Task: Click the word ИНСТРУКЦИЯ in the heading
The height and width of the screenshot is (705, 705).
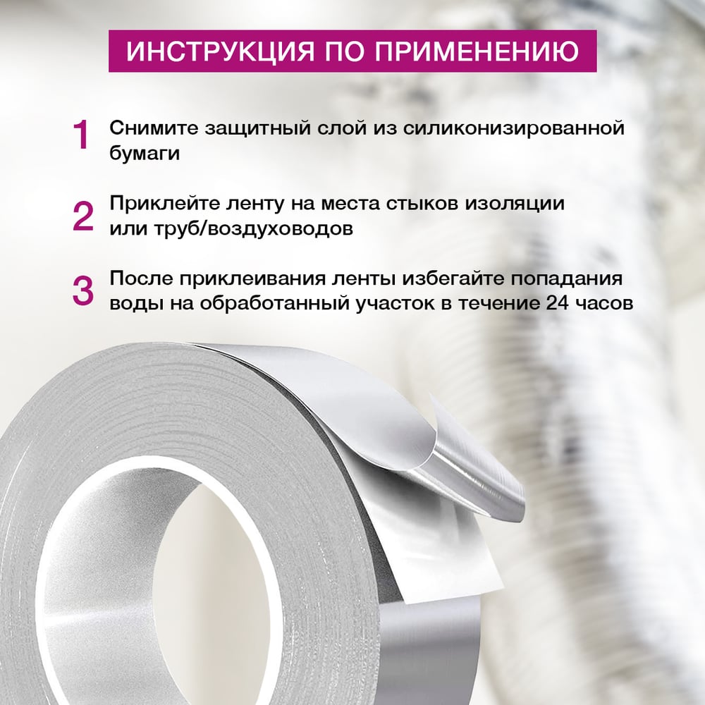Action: click(x=221, y=51)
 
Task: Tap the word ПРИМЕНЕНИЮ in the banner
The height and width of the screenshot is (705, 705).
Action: click(x=476, y=51)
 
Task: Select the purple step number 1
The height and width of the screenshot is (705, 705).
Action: click(x=81, y=135)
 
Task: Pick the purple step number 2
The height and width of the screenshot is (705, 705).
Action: click(x=83, y=216)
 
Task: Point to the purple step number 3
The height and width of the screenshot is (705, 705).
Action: click(x=83, y=291)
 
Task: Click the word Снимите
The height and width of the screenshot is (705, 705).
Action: click(x=154, y=128)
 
